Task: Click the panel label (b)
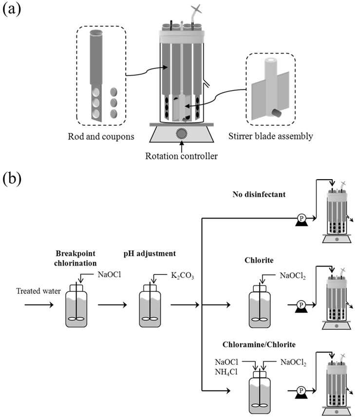pos(12,178)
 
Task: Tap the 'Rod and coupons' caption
pos(101,137)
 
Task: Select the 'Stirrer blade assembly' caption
pos(270,136)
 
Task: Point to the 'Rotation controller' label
pos(181,156)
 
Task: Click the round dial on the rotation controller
pos(182,133)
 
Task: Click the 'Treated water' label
pos(38,291)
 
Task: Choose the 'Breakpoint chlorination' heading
pos(76,258)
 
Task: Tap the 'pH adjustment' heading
pos(150,254)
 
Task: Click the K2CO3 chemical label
pos(183,275)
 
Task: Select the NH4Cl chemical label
pos(226,372)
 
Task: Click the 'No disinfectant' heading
pos(259,194)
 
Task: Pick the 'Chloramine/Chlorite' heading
pos(259,345)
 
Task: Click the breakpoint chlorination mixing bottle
pos(76,306)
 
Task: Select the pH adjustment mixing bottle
pos(150,306)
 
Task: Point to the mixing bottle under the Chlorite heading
pos(260,306)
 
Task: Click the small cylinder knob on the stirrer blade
pos(276,113)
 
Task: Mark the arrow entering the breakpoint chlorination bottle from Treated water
pos(39,305)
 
